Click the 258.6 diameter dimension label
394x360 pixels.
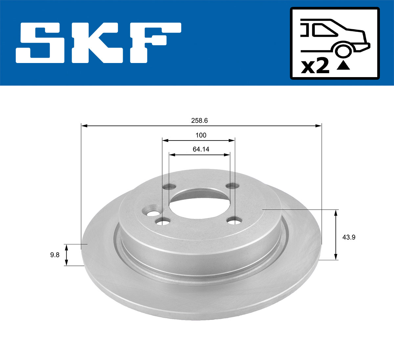tap(199, 120)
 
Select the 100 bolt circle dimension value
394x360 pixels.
tap(201, 135)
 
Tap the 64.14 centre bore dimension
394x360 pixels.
tap(201, 149)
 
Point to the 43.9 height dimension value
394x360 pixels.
tap(349, 237)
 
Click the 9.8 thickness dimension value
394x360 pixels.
tap(55, 255)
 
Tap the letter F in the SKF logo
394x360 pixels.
tap(154, 43)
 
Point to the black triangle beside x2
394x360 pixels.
tap(343, 66)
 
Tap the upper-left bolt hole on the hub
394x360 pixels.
tap(170, 187)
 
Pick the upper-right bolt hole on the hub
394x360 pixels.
tap(232, 186)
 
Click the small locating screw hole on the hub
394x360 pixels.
tap(152, 213)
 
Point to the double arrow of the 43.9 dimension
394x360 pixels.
tap(335, 235)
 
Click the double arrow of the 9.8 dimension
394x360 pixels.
tap(66, 255)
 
